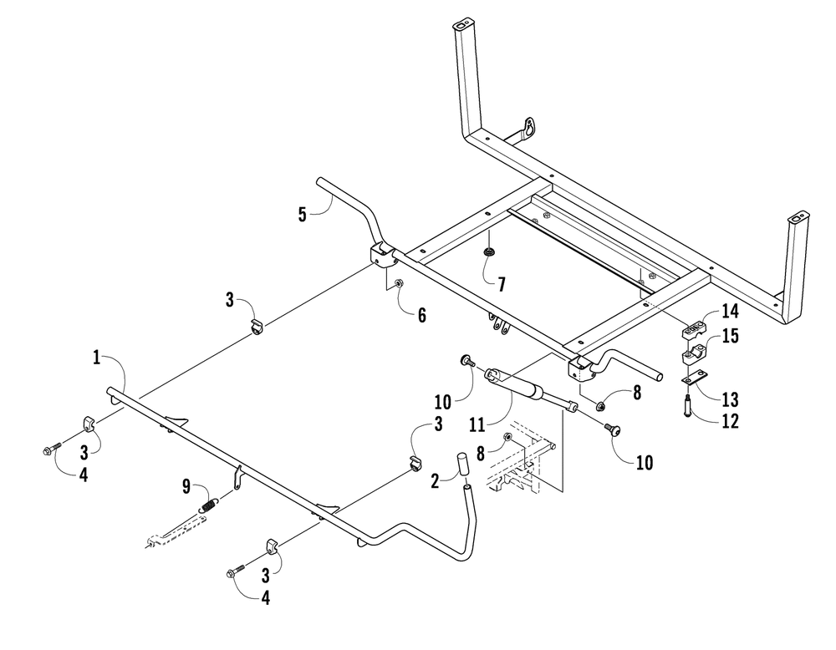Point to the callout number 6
coord(422,314)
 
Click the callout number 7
coord(500,283)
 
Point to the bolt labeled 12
coord(687,408)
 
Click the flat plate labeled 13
coord(689,380)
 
